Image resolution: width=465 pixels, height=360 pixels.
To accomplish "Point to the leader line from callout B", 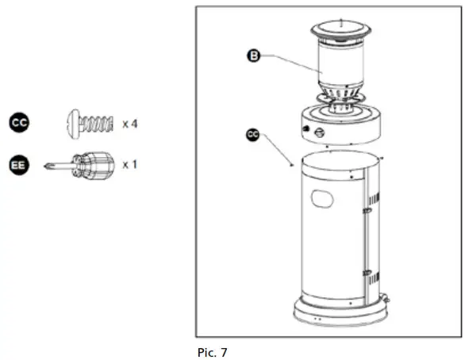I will pos(290,63).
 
